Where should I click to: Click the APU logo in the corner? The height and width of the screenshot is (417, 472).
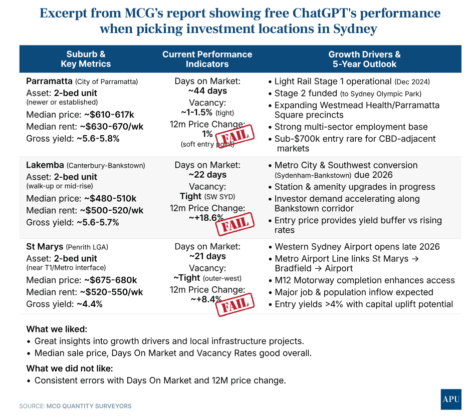(450, 399)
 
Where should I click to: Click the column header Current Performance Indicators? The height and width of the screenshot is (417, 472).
(207, 59)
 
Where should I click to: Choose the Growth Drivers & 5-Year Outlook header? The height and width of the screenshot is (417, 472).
(364, 59)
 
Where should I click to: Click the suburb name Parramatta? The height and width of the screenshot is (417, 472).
(49, 81)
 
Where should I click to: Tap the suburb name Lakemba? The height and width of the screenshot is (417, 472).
(45, 165)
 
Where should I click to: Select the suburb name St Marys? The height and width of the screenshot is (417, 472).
(45, 246)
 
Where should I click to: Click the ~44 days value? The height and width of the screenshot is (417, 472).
(207, 91)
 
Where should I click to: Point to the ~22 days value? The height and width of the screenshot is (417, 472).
(207, 175)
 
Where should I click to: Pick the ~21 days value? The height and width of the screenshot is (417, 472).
(207, 256)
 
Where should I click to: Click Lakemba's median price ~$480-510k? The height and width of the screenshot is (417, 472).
(110, 199)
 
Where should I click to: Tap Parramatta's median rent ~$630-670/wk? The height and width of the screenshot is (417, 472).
(111, 127)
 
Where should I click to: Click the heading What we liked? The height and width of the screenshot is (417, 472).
(56, 329)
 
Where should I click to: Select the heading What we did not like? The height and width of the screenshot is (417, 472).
(69, 368)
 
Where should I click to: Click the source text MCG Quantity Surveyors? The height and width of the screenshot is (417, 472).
(89, 406)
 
